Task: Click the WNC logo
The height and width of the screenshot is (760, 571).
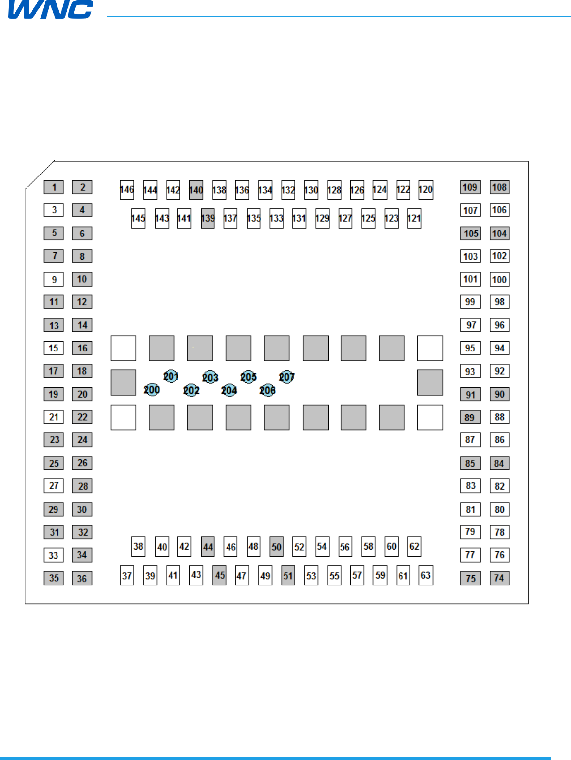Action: click(51, 9)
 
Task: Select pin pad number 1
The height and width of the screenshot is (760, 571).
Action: click(54, 187)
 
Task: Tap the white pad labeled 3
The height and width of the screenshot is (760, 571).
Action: click(54, 210)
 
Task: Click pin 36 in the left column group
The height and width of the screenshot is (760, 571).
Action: click(82, 578)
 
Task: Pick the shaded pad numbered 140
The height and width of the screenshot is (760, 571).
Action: click(196, 190)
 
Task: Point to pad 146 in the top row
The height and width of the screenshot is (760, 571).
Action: click(127, 190)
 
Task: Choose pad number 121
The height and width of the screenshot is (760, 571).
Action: click(414, 218)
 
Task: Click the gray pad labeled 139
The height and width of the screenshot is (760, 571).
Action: click(208, 218)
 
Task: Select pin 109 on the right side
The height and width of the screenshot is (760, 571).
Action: click(470, 187)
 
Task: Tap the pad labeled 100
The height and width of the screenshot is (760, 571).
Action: click(499, 279)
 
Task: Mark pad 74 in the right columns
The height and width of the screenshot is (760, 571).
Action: click(499, 578)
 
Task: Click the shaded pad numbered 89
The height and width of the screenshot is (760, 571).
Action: click(470, 417)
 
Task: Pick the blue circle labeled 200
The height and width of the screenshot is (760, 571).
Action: click(152, 390)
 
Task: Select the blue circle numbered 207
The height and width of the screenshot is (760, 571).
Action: click(286, 377)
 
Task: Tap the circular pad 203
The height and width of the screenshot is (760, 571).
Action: click(210, 377)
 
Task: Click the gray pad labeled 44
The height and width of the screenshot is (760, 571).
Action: click(208, 547)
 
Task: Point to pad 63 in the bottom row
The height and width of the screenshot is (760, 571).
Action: click(426, 575)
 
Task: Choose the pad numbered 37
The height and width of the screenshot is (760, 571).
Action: click(127, 576)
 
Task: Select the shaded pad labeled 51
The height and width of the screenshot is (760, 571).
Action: click(288, 576)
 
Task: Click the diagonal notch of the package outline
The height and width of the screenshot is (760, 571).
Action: click(40, 175)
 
